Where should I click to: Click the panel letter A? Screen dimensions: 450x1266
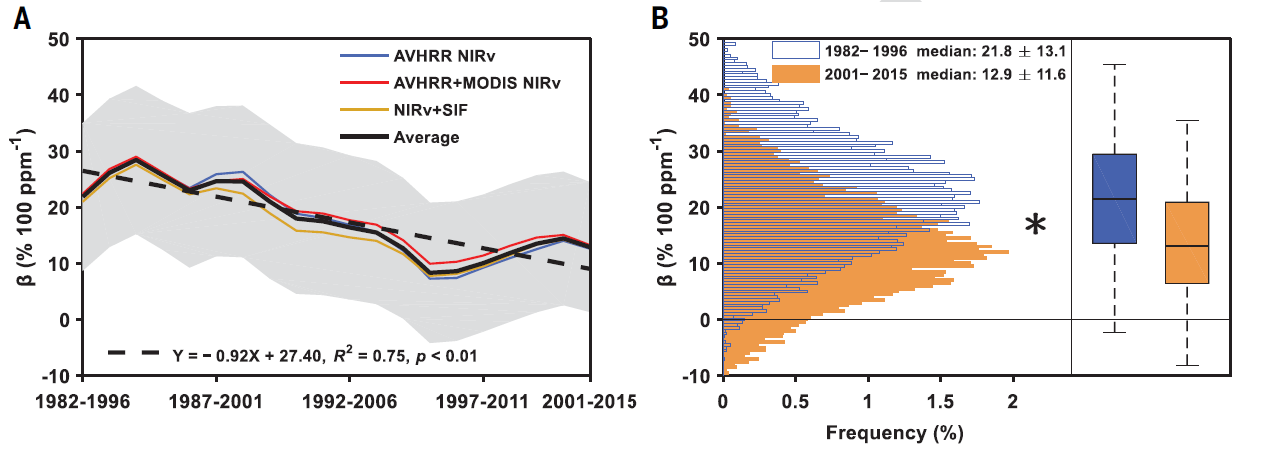pyautogui.click(x=21, y=17)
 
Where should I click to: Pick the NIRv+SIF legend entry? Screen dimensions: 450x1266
pyautogui.click(x=411, y=110)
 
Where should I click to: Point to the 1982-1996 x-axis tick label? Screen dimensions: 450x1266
pyautogui.click(x=83, y=402)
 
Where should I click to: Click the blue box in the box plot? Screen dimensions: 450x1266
pyautogui.click(x=1114, y=199)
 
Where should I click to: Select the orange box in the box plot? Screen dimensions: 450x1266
pyautogui.click(x=1187, y=243)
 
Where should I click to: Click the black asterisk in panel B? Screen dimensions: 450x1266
pyautogui.click(x=1036, y=226)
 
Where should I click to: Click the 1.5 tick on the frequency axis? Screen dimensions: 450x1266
pyautogui.click(x=941, y=402)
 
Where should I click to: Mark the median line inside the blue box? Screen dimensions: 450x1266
pyautogui.click(x=1114, y=199)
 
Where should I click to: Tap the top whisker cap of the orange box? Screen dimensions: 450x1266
pyautogui.click(x=1187, y=121)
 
